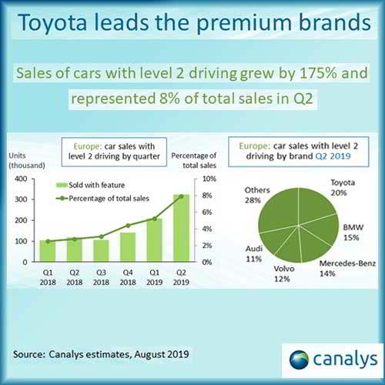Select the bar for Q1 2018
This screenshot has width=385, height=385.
pyautogui.click(x=49, y=251)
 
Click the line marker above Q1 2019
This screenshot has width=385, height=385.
pyautogui.click(x=155, y=219)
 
